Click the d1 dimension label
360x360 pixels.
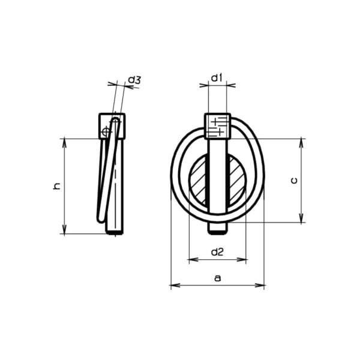pyautogui.click(x=217, y=78)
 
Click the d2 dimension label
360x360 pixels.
pyautogui.click(x=217, y=253)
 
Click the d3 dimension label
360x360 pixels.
pyautogui.click(x=134, y=80)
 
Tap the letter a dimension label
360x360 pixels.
pyautogui.click(x=217, y=278)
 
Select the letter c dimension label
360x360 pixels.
pyautogui.click(x=294, y=181)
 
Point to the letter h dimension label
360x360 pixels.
pyautogui.click(x=56, y=186)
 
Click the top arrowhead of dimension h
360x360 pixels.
pyautogui.click(x=65, y=143)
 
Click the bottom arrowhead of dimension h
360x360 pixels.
pyautogui.click(x=65, y=230)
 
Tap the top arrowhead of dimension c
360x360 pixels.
pyautogui.click(x=301, y=143)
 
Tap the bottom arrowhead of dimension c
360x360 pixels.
pyautogui.click(x=301, y=218)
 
